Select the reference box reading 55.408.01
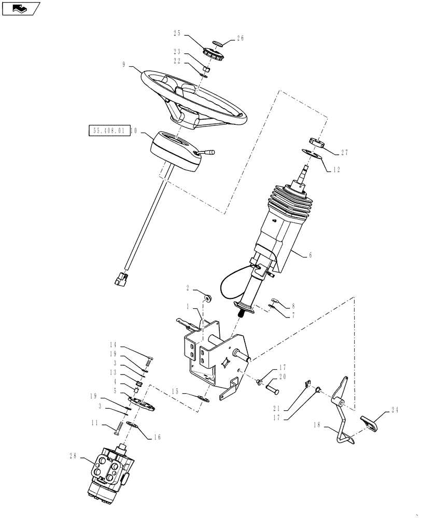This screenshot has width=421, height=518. (x=107, y=131)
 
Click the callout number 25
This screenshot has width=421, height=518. (x=177, y=33)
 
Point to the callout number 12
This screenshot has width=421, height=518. (x=337, y=169)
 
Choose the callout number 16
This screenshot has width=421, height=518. (x=156, y=437)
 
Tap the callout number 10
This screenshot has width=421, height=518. (x=133, y=131)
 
